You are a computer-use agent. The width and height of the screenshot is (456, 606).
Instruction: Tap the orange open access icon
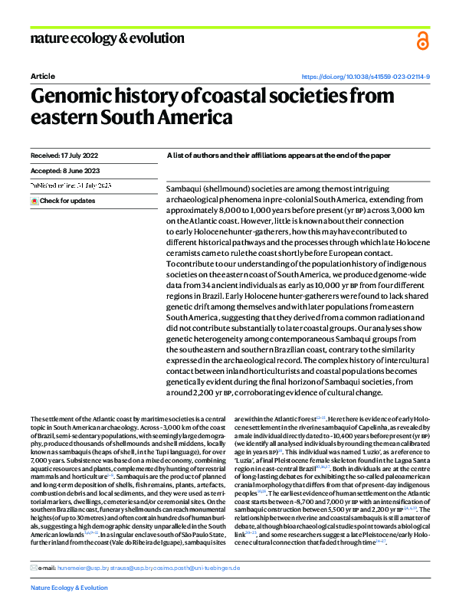click(x=422, y=41)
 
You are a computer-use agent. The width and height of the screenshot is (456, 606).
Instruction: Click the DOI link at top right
click(x=366, y=77)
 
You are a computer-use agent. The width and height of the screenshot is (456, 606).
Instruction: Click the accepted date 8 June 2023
click(x=58, y=171)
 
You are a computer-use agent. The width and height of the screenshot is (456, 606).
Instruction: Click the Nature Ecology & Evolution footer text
click(x=69, y=588)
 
